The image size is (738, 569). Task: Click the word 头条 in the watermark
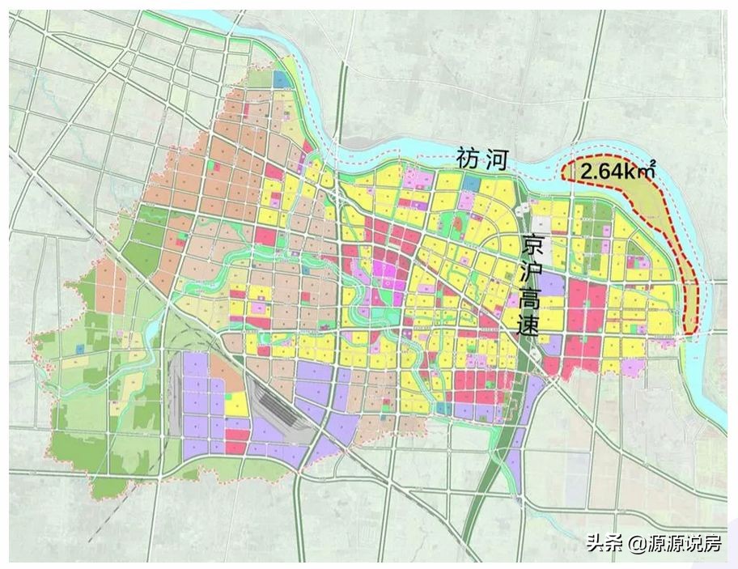click(x=602, y=543)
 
